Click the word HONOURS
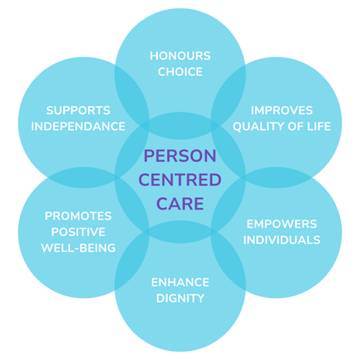coord(180,56)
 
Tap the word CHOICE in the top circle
coord(180,72)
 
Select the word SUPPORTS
coord(78,110)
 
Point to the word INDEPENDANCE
coord(78,127)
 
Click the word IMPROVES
coord(282,110)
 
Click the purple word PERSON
coord(180,155)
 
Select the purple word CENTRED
coord(180,180)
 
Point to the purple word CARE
coord(180,204)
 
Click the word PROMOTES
coord(78,216)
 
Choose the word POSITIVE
coord(78,232)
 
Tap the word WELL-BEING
coord(78,247)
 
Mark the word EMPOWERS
coord(282,224)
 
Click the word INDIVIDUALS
coord(282,240)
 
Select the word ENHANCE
coord(180,282)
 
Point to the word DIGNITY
coord(180,298)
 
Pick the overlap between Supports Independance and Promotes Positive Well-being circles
coord(84,178)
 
